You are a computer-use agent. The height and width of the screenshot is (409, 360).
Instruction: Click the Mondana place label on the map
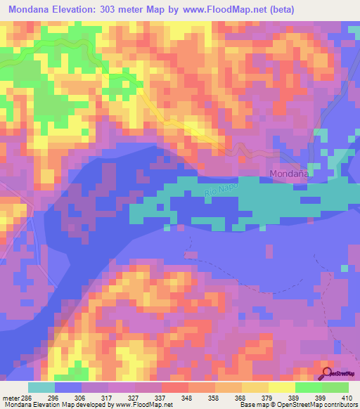(290, 173)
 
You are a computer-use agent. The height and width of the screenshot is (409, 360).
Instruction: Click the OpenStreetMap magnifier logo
(328, 374)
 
